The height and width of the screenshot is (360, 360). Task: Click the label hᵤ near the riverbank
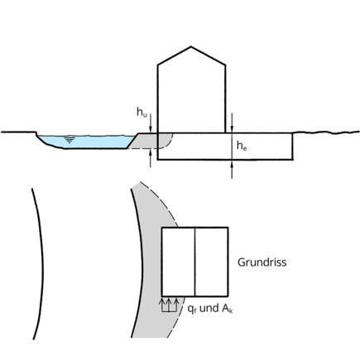pos(142,113)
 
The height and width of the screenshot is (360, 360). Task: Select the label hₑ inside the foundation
pos(242,146)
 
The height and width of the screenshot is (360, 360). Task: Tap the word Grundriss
pos(262,262)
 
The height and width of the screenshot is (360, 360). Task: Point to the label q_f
pos(192,309)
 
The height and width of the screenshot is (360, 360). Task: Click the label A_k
pos(227,308)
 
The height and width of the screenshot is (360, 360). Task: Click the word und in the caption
pos(209,308)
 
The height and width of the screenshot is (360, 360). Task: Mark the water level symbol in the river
pos(70,140)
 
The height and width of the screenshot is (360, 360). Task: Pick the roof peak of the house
pos(191,46)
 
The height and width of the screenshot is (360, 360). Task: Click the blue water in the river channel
pos(83,142)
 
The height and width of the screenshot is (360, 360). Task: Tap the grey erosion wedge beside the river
pos(146,141)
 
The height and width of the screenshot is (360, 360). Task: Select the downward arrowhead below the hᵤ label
pos(150,130)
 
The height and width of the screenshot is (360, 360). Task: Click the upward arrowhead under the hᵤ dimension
pos(150,152)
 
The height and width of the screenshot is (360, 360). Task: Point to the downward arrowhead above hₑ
pos(232,129)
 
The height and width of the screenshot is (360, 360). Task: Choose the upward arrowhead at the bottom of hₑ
pos(232,163)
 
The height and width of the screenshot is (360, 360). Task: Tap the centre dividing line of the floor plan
pos(195,262)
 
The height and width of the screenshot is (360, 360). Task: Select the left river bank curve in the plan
pos(40,264)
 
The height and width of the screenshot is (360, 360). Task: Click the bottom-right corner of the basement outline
pos(292,159)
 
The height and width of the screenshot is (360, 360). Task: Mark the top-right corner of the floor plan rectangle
pos(228,228)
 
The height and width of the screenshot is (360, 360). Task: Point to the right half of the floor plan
pos(212,262)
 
